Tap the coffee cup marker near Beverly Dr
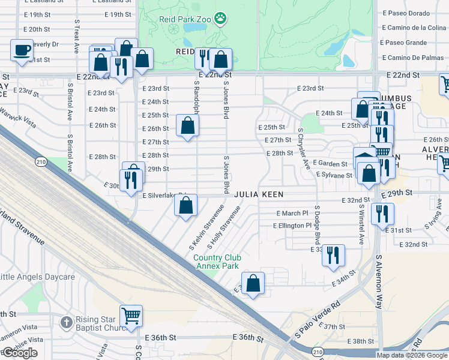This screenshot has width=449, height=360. coord(22,50)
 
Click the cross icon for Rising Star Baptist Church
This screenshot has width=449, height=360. coord(66,322)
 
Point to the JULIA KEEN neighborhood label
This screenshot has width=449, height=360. coord(258,194)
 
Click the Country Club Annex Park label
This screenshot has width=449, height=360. coord(216,262)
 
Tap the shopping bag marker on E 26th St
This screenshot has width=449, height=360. coord(188,126)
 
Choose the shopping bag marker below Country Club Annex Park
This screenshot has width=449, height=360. coord(253,283)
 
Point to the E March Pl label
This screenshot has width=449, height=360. coord(292,214)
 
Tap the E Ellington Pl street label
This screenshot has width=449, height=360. coord(292,226)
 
